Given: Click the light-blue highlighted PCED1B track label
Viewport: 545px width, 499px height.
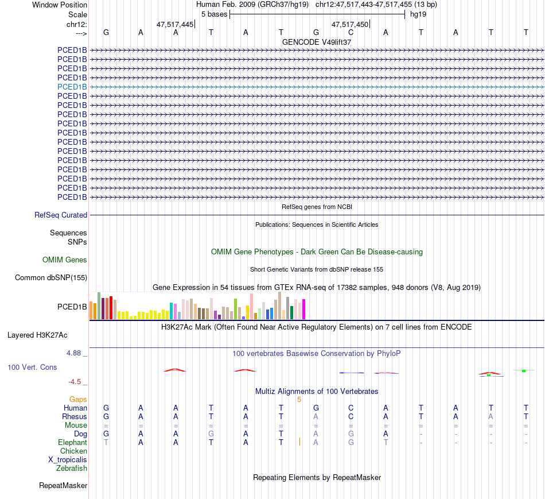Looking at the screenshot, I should (x=72, y=87).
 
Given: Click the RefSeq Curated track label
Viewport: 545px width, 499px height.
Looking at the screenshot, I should (x=61, y=215).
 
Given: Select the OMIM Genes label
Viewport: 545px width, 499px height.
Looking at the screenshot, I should (x=65, y=260).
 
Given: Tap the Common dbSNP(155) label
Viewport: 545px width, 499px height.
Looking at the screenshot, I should (x=50, y=278).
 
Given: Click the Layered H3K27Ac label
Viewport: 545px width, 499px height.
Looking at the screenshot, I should (x=41, y=335).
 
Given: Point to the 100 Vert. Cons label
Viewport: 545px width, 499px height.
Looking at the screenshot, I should (x=32, y=367).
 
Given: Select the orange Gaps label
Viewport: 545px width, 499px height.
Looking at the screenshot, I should (x=78, y=399).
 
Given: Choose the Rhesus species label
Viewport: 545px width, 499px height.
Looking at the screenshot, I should (x=75, y=416).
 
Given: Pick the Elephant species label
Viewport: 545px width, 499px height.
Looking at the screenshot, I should (x=72, y=442).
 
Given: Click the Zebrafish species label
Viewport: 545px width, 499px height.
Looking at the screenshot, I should (x=72, y=468).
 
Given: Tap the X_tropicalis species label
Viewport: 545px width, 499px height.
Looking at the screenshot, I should (x=68, y=459).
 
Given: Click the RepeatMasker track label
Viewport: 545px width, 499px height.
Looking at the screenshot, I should (x=63, y=486).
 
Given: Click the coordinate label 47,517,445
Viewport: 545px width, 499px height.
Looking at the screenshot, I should (x=175, y=25).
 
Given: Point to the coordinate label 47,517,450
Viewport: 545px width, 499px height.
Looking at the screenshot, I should (x=350, y=25).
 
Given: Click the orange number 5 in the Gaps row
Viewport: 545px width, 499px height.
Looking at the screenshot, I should (x=299, y=399).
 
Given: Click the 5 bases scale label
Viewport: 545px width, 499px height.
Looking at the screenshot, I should (x=214, y=14).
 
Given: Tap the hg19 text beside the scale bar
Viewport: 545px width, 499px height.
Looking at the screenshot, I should (x=418, y=14).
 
